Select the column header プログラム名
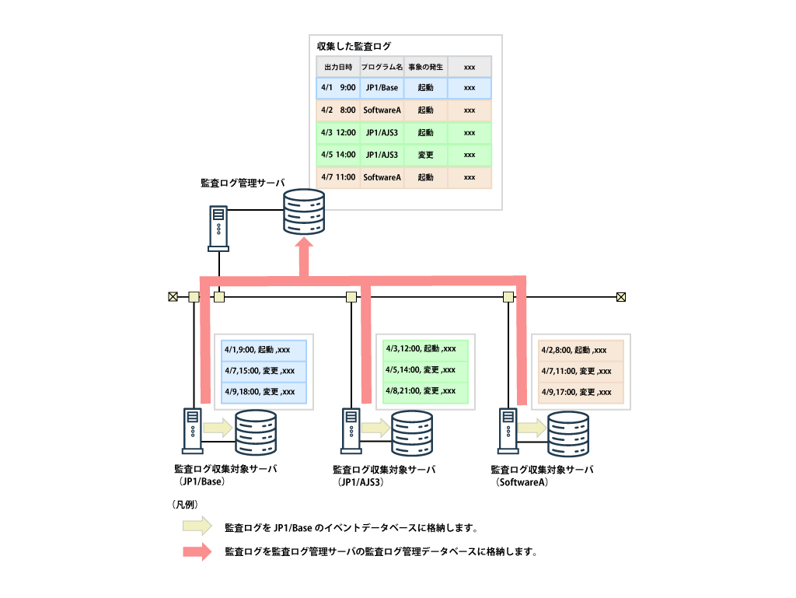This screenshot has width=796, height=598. tap(382, 67)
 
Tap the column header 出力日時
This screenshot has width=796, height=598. tap(338, 67)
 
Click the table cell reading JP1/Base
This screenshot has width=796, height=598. tap(382, 88)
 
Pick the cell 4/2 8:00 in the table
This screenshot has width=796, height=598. tap(338, 110)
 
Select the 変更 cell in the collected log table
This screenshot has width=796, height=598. tap(425, 155)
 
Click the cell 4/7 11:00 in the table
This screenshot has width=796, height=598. tap(338, 177)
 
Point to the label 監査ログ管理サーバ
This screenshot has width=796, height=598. tap(242, 184)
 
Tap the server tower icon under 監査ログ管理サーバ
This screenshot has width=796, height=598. tap(219, 227)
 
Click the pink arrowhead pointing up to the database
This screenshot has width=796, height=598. tap(305, 247)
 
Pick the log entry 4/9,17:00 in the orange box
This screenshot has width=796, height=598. tap(577, 392)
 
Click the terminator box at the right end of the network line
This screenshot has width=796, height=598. tap(621, 296)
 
